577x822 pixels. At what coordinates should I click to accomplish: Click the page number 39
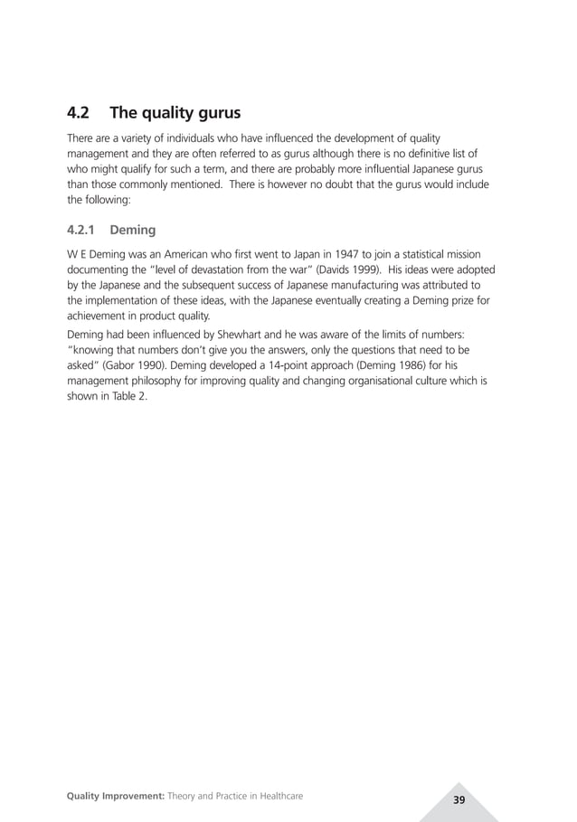click(459, 800)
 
